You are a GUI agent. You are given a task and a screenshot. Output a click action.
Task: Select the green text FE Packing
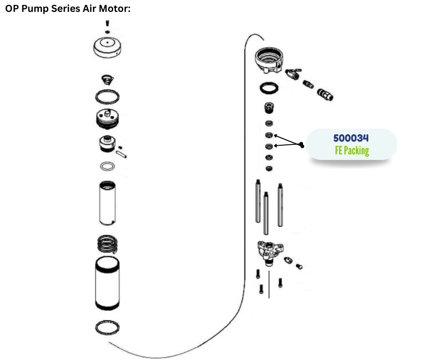[351, 150]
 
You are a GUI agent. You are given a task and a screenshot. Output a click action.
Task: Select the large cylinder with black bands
[107, 284]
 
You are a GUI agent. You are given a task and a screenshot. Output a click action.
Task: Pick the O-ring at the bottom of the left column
[107, 327]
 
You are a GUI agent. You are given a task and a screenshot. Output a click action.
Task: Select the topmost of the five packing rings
[269, 123]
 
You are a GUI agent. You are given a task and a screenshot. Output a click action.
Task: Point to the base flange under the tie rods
[270, 251]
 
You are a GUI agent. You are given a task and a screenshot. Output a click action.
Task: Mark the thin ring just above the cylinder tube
[107, 166]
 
